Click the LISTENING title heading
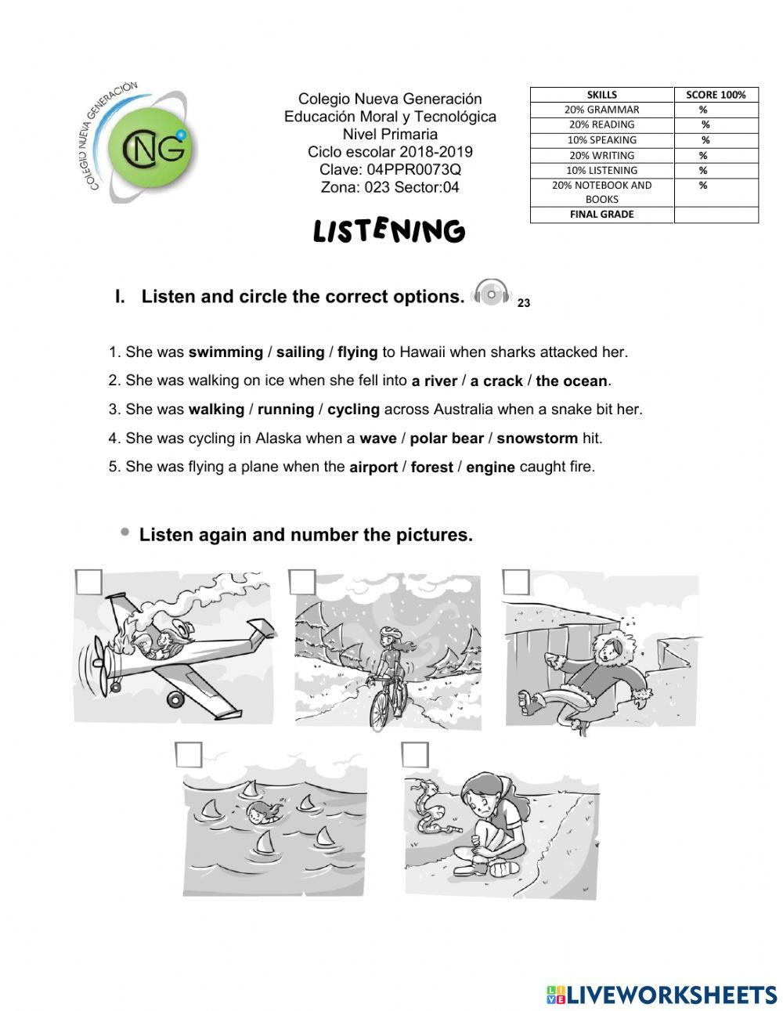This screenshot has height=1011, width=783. (389, 231)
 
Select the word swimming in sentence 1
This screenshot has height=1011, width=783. (226, 352)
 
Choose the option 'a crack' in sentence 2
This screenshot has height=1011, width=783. (496, 381)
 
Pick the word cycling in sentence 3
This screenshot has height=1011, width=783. (353, 410)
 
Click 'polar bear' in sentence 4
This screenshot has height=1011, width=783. (446, 439)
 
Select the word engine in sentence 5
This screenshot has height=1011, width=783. (490, 468)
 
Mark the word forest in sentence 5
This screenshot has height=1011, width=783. (431, 468)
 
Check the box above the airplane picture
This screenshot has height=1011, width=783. (89, 582)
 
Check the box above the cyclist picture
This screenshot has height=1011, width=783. (302, 582)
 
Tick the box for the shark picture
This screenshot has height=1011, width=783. (189, 755)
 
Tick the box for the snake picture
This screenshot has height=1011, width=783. (415, 755)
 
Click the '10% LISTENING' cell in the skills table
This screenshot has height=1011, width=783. (601, 171)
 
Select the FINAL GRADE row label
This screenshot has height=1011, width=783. (601, 215)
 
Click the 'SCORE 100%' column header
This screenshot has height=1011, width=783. (716, 95)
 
